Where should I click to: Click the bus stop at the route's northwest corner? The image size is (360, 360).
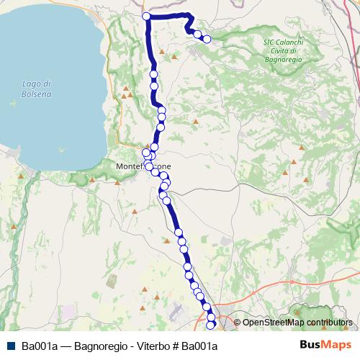pos(146,16)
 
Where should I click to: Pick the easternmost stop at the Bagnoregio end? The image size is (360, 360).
pos(207,40)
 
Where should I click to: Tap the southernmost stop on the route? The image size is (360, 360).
pos(211,326)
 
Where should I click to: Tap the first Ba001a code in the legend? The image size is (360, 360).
pos(39,346)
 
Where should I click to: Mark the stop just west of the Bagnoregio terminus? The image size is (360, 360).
pos(197,33)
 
